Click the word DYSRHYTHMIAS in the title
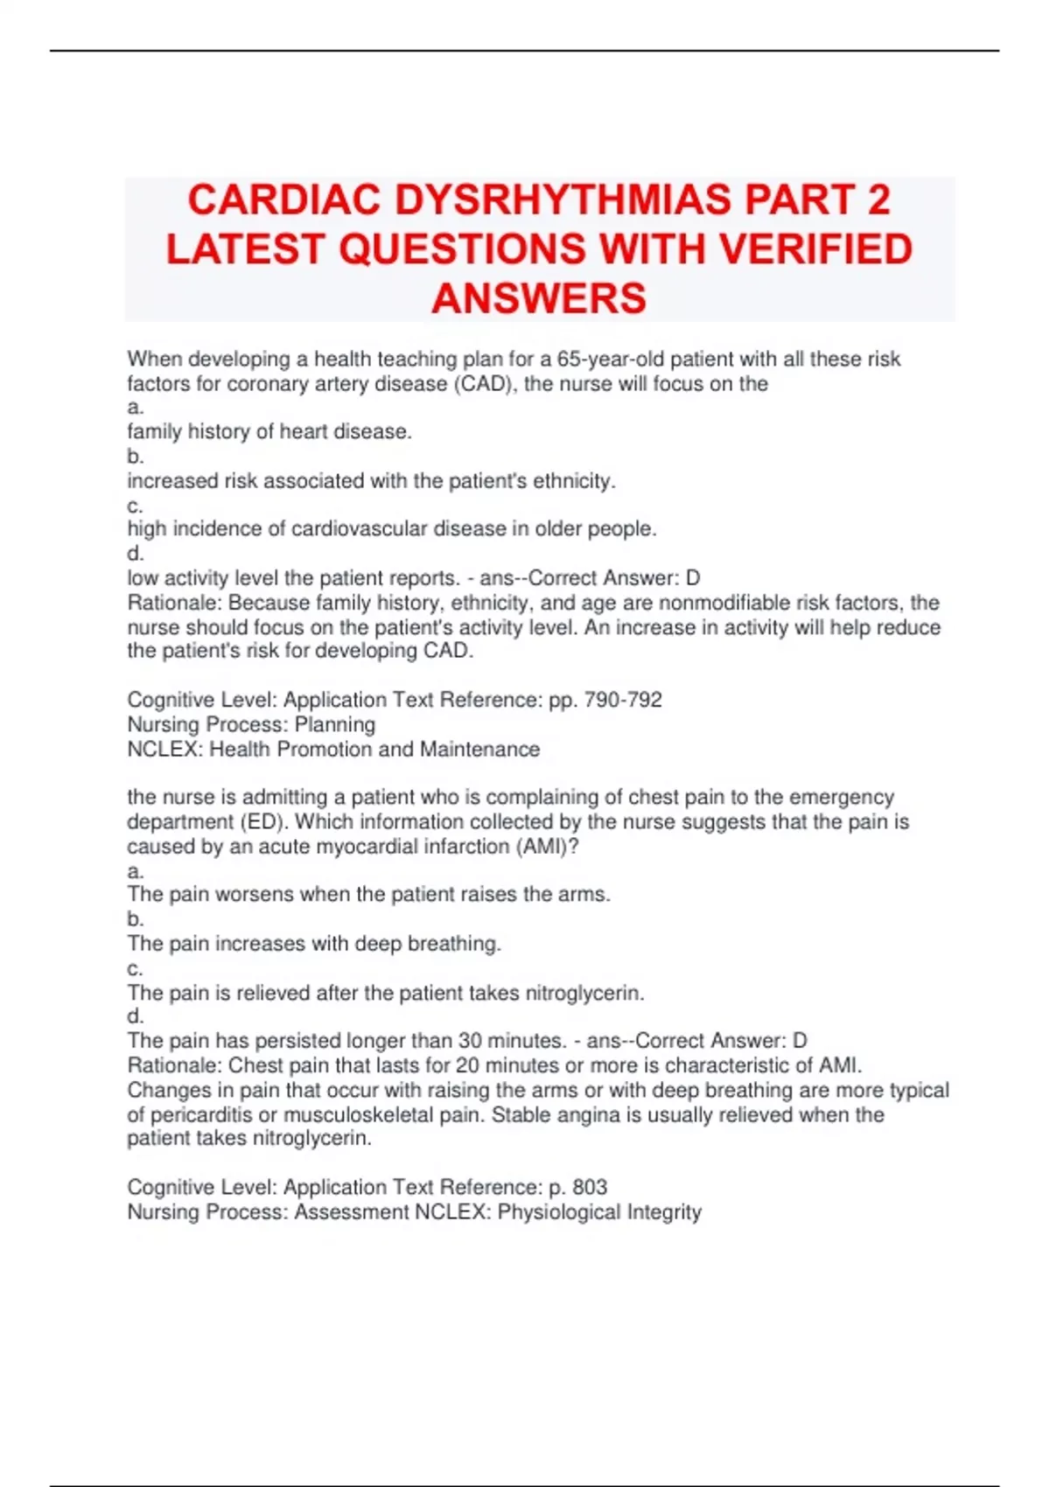click(x=563, y=200)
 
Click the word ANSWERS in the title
click(x=539, y=299)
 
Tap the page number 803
click(x=589, y=1187)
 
